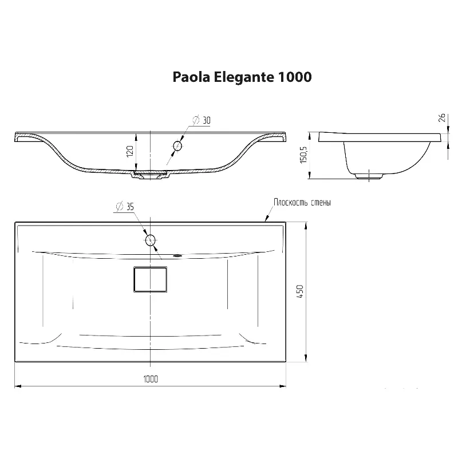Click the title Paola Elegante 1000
pyautogui.click(x=242, y=77)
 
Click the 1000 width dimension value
pyautogui.click(x=151, y=379)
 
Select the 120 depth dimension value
pyautogui.click(x=129, y=151)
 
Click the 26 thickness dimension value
pyautogui.click(x=441, y=118)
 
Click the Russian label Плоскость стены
pyautogui.click(x=302, y=203)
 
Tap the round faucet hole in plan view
pyautogui.click(x=151, y=240)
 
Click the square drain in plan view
pyautogui.click(x=151, y=279)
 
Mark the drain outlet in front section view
pyautogui.click(x=151, y=173)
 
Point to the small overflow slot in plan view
pyautogui.click(x=177, y=256)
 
